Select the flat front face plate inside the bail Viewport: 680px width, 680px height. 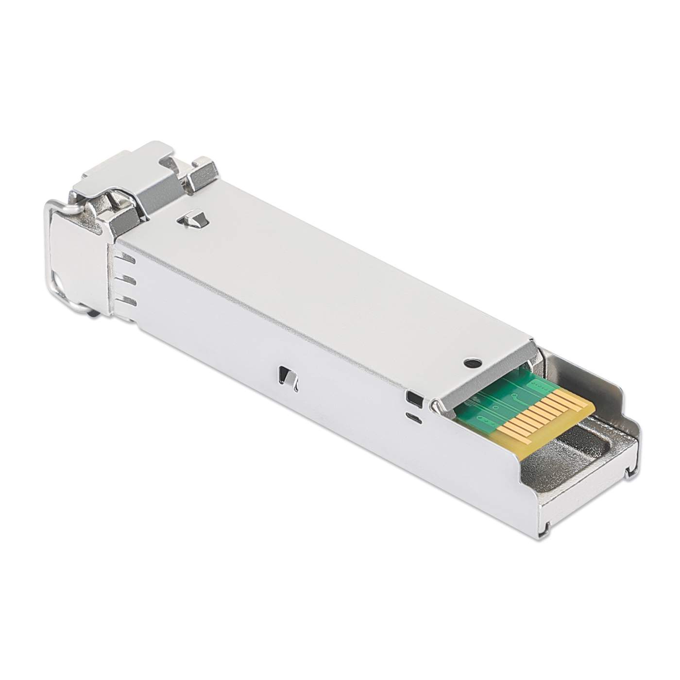[78, 262]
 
